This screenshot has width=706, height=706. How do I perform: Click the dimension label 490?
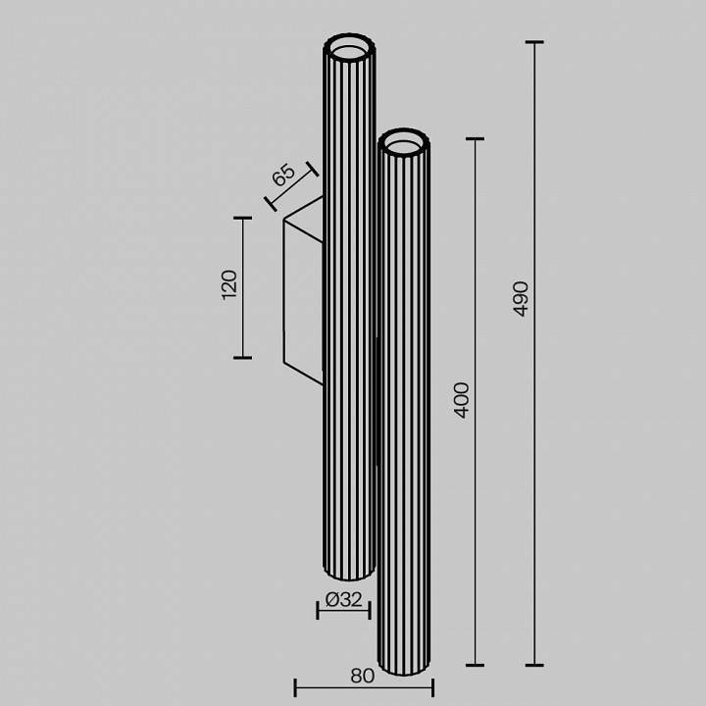pyautogui.click(x=521, y=298)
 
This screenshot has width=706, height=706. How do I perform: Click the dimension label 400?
pyautogui.click(x=463, y=399)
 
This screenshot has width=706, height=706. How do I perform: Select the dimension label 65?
pyautogui.click(x=283, y=176)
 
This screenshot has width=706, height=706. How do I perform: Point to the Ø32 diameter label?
pyautogui.click(x=343, y=600)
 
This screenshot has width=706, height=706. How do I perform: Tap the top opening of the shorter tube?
pyautogui.click(x=404, y=143)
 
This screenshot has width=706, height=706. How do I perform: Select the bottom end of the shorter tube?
pyautogui.click(x=403, y=671)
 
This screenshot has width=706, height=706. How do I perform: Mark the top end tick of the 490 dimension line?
pyautogui.click(x=534, y=42)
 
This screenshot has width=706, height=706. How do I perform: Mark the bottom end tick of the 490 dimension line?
pyautogui.click(x=534, y=665)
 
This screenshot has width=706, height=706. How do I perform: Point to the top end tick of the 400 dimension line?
pyautogui.click(x=476, y=139)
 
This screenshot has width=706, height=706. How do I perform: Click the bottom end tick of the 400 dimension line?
pyautogui.click(x=476, y=665)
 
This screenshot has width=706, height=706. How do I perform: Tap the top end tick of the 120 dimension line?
pyautogui.click(x=243, y=218)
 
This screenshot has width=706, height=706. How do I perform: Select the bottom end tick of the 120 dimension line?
pyautogui.click(x=243, y=357)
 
